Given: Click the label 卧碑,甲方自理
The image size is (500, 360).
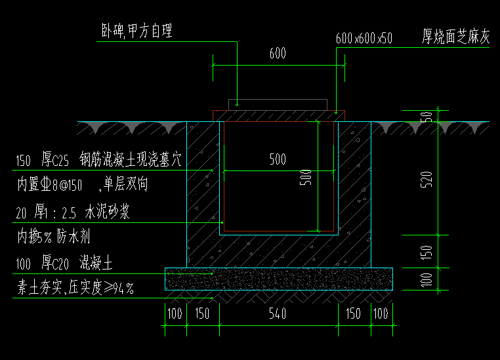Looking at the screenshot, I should coord(136,31).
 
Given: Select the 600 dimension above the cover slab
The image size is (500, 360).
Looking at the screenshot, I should coord(278,54).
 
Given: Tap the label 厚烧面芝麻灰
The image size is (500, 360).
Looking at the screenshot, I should coord(456,37).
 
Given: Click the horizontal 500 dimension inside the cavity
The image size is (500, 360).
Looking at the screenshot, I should coord(278,159).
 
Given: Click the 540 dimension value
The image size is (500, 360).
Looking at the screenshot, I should coord(278,313).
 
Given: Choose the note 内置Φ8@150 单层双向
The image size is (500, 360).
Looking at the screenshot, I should coord(82,185).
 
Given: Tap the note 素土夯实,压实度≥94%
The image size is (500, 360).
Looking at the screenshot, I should coord(75,288).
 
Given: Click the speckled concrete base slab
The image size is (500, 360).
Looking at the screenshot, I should coord(278,279).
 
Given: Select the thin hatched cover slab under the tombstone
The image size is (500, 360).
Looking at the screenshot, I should coord(278,115).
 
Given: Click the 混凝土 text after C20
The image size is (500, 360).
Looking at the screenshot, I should coord(96,264).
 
